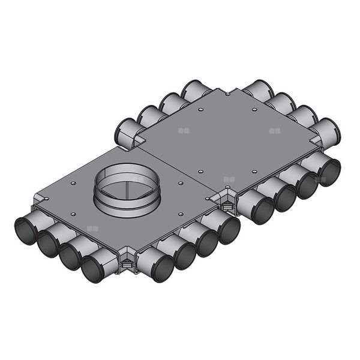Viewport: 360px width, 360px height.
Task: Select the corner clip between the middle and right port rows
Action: point(227,204)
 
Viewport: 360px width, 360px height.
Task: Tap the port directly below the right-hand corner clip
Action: point(229,230)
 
